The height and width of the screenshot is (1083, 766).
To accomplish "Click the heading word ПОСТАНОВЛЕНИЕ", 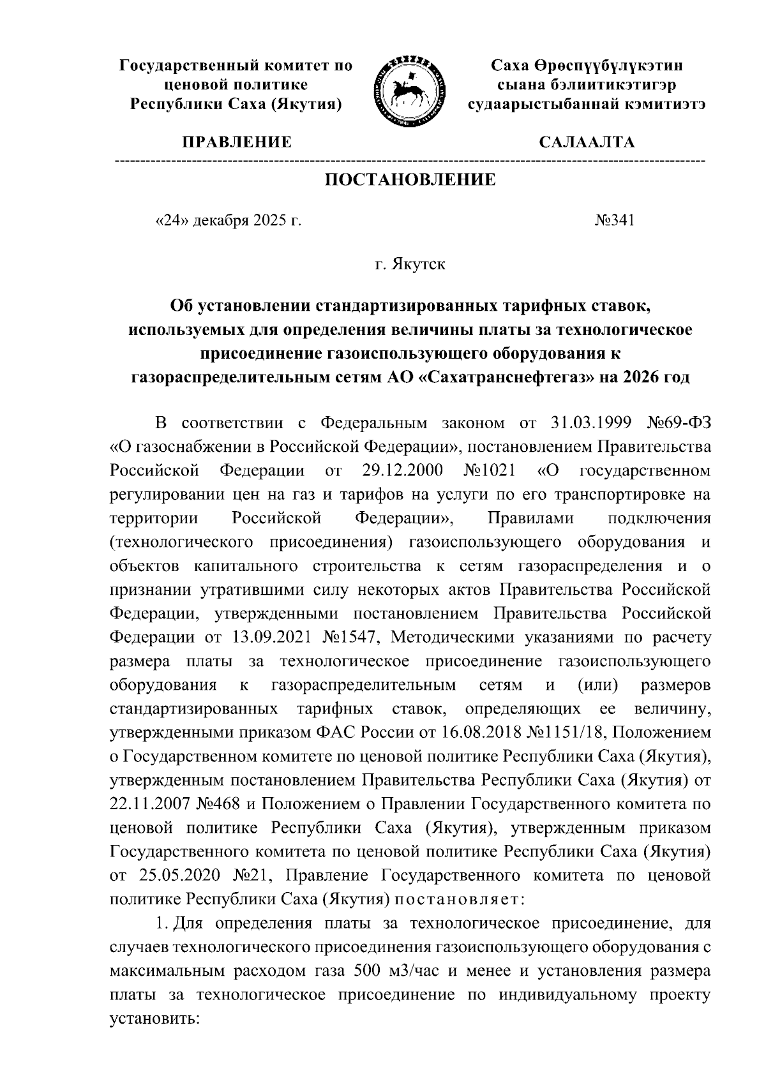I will (410, 180).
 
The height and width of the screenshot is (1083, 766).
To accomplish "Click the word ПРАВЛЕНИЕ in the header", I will (237, 142).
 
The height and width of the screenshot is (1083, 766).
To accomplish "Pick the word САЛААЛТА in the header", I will (587, 142).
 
